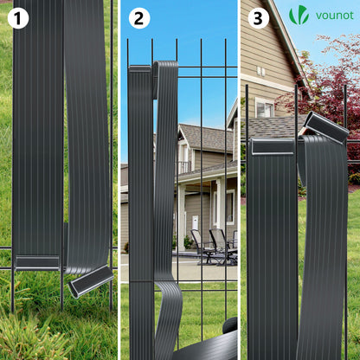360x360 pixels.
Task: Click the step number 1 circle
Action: (18, 18)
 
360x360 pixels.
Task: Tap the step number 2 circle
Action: (139, 18)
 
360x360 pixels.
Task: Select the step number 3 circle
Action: (259, 18)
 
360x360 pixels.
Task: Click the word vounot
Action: (335, 16)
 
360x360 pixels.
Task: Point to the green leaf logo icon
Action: (299, 15)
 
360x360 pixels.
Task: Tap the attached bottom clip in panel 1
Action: (37, 263)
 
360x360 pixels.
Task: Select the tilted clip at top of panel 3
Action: (327, 127)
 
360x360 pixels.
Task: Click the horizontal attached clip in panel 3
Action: (273, 147)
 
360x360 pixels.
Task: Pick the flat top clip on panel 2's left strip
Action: (140, 69)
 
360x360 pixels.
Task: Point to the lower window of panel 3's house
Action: (265, 108)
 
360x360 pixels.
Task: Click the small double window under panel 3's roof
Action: (260, 71)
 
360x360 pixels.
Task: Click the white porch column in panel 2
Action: (182, 217)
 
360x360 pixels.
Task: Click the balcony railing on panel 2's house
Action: (183, 167)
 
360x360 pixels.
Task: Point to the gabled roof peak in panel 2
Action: (180, 127)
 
